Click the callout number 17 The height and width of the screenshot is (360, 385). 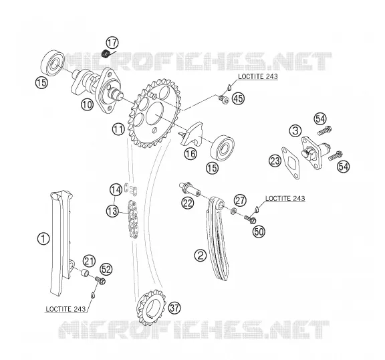pyautogui.click(x=112, y=43)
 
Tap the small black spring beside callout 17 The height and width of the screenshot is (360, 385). pyautogui.click(x=106, y=54)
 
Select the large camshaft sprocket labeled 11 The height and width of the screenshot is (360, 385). pyautogui.click(x=154, y=113)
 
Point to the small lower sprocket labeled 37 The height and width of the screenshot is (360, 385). pyautogui.click(x=151, y=307)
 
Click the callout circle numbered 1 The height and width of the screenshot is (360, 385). pyautogui.click(x=43, y=238)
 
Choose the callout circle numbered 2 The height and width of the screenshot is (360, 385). pyautogui.click(x=201, y=256)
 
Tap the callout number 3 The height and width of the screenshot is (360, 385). pyautogui.click(x=295, y=130)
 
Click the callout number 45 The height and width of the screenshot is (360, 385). pyautogui.click(x=238, y=98)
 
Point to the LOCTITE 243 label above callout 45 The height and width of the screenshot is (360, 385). pyautogui.click(x=258, y=76)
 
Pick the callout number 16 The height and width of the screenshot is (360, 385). pyautogui.click(x=190, y=154)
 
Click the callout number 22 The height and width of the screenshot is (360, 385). pyautogui.click(x=188, y=203)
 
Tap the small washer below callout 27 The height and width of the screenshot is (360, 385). pyautogui.click(x=233, y=211)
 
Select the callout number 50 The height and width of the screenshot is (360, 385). pyautogui.click(x=259, y=232)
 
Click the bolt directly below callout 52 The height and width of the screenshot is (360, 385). pyautogui.click(x=100, y=280)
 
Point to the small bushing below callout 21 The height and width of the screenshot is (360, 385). pyautogui.click(x=85, y=272)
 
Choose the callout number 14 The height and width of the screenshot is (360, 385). pyautogui.click(x=116, y=190)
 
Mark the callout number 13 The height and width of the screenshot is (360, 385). pyautogui.click(x=112, y=211)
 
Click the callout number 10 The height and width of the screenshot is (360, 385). pyautogui.click(x=88, y=104)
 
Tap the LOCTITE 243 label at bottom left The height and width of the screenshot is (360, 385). pyautogui.click(x=66, y=309)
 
